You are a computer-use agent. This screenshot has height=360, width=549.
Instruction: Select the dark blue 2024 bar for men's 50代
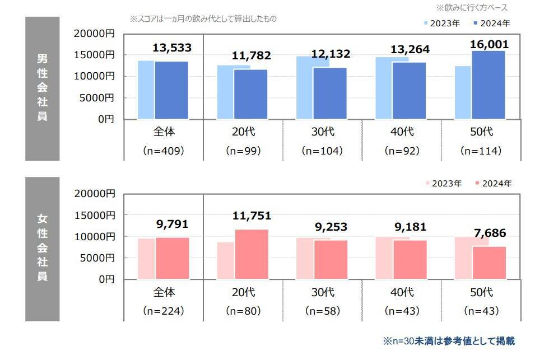488,85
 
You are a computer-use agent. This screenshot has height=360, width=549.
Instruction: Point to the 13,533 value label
172,48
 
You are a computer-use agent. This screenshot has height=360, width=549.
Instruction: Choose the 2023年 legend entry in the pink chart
444,183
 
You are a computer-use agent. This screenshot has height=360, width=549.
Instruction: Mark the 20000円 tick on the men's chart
95,34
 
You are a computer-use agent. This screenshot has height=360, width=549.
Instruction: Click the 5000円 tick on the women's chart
97,258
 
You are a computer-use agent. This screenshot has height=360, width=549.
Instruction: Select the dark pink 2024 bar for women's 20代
251,254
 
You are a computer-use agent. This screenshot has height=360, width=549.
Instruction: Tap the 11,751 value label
252,216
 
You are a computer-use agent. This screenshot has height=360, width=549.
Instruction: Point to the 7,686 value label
488,232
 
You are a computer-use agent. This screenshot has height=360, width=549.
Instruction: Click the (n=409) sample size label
164,151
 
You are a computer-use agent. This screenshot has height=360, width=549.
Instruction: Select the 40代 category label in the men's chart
402,133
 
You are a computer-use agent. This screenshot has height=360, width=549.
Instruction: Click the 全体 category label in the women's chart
164,293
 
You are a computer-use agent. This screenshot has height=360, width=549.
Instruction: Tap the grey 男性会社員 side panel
42,88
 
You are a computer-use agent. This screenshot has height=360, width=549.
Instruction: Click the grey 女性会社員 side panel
42,249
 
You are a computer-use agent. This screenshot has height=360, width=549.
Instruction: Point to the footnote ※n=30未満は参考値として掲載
449,340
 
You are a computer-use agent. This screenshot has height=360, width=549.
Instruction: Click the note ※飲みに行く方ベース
472,8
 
